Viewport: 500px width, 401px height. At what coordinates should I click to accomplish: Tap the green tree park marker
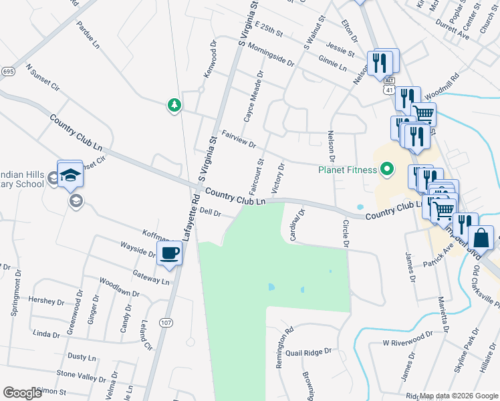[174, 105]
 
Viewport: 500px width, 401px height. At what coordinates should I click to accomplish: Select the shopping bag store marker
[481, 238]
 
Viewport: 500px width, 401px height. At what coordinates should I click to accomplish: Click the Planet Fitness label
[347, 170]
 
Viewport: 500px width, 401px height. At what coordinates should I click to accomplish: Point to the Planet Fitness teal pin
[386, 170]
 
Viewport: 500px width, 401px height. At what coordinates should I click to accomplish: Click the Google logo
[22, 393]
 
